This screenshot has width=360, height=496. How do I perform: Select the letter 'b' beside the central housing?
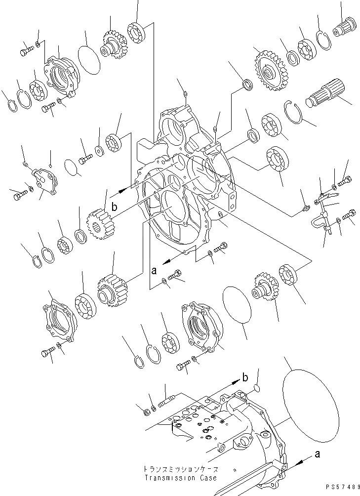tap(115, 208)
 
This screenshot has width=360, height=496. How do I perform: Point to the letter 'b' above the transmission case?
tap(245, 379)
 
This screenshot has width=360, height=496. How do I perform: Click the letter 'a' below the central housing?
tap(154, 270)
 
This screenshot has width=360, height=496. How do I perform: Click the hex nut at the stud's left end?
tap(146, 411)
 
